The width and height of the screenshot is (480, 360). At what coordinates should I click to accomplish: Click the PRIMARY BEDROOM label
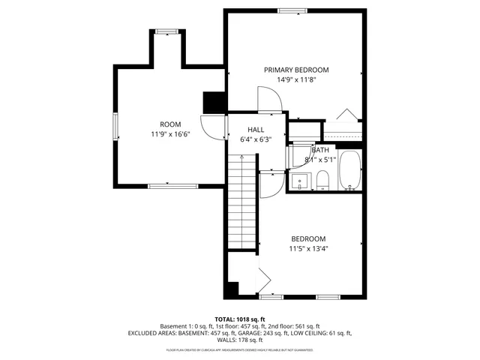[x=296, y=70]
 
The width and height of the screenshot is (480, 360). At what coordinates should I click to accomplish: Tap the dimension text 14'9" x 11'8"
[x=296, y=79]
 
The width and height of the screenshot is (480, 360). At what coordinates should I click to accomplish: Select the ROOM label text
[x=170, y=124]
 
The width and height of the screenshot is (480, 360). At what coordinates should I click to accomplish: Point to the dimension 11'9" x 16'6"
[x=170, y=135]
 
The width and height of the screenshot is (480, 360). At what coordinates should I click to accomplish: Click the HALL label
[x=256, y=129]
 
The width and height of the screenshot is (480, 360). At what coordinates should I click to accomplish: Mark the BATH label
[x=320, y=150]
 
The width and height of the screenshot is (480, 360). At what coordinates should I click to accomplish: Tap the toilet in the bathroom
[x=322, y=180]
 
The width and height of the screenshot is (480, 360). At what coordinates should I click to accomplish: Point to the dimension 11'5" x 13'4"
[x=309, y=249]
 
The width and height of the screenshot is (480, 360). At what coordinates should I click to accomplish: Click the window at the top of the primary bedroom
[x=288, y=10]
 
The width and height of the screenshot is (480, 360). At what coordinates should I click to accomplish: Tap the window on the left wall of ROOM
[x=115, y=126]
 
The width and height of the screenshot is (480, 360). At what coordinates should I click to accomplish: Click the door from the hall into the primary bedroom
[x=268, y=100]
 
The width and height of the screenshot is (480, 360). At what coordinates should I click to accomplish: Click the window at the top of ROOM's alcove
[x=166, y=31]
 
